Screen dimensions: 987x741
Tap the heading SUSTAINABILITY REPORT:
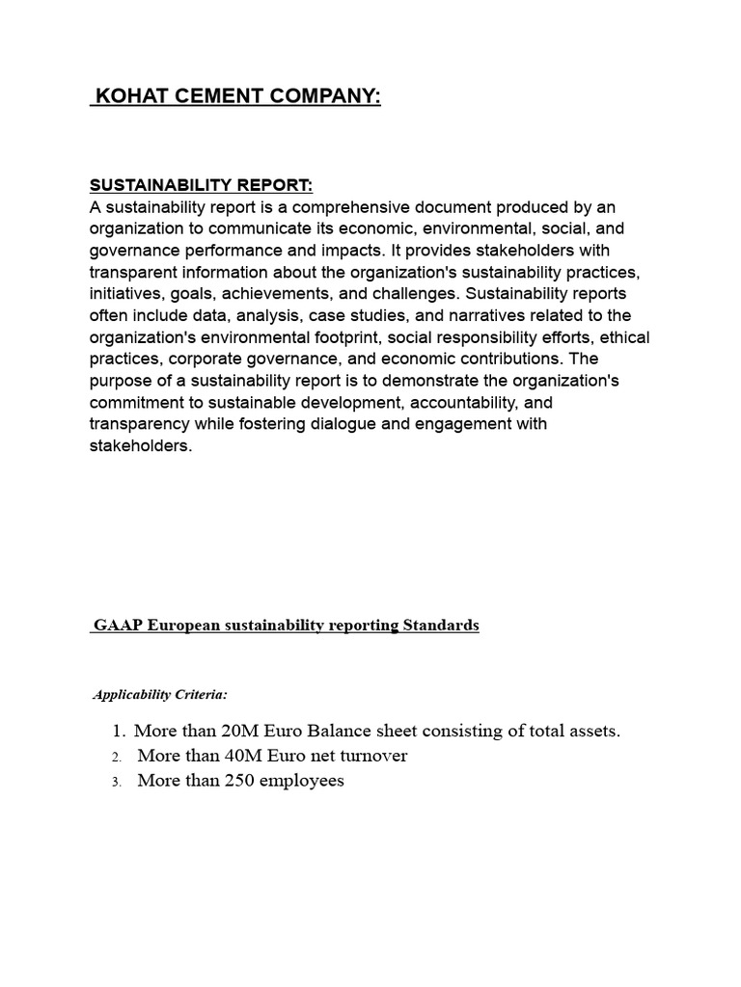point(202,185)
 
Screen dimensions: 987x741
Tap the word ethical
point(624,337)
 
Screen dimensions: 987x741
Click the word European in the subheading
point(187,626)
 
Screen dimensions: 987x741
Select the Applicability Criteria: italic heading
point(160,694)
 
